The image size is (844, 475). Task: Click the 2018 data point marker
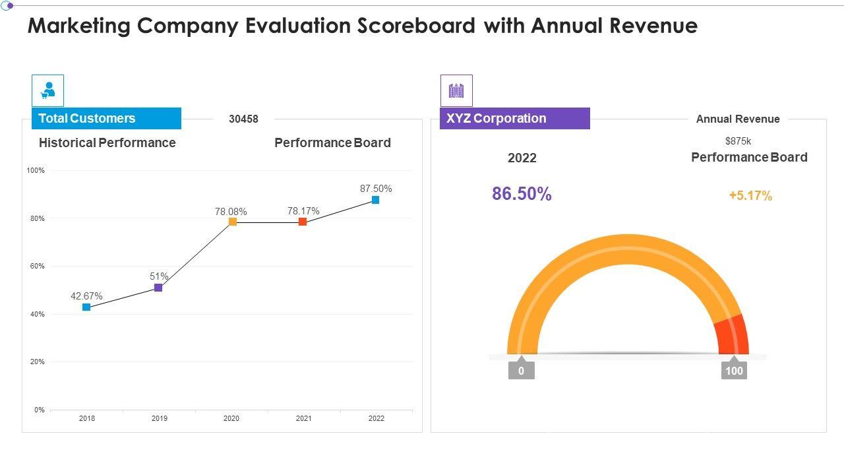coord(86,307)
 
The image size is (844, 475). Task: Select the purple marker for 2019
coord(158,288)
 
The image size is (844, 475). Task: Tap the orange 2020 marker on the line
coord(232,222)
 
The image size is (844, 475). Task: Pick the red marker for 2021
coord(303,222)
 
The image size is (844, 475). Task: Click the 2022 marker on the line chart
coord(375,200)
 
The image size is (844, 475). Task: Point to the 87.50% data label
coord(376,189)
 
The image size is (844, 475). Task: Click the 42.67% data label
coord(86,297)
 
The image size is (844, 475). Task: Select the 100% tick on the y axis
coord(36,171)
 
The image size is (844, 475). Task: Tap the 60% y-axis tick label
coord(37,267)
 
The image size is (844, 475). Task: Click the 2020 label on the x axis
coord(231,418)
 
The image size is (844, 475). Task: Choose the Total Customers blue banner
coord(106,119)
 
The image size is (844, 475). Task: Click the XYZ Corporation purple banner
coord(514,119)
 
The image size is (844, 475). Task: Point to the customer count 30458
coord(243,119)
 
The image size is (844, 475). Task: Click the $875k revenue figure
coord(738,141)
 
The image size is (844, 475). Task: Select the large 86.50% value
coord(522,194)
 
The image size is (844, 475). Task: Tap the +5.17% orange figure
coord(750,196)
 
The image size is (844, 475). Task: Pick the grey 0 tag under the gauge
coord(521,371)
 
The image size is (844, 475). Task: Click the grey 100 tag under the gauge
coord(734,371)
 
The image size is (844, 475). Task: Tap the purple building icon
coord(456,91)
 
